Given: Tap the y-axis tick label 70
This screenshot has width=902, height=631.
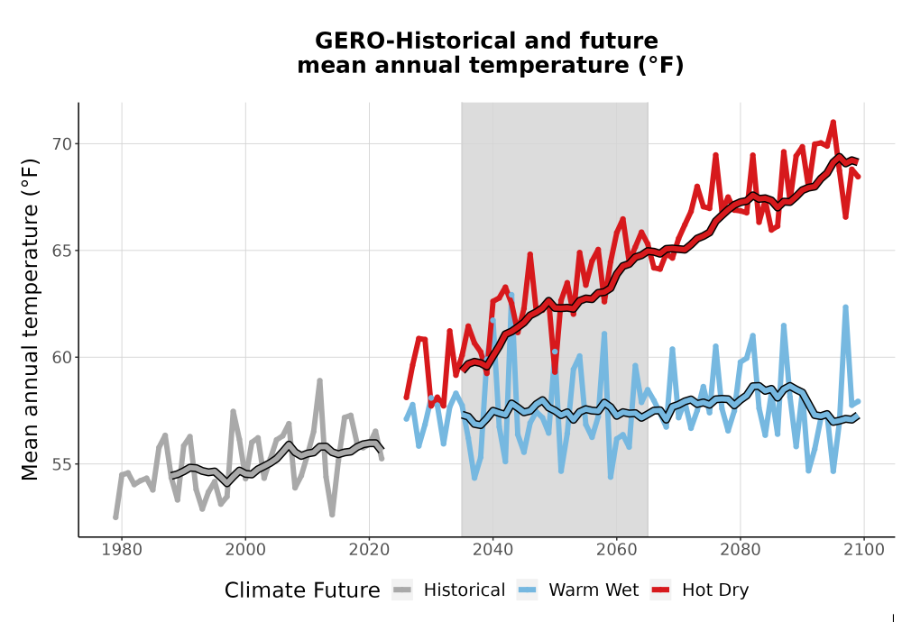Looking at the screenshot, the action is coord(63,143).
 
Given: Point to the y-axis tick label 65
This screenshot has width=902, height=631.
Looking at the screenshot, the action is coord(63,251).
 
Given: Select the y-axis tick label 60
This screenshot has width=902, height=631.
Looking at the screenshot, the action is coord(63,358).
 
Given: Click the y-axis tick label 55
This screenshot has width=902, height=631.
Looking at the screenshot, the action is coord(63,464).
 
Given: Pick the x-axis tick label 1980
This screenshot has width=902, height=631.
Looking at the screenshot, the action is coord(122,550).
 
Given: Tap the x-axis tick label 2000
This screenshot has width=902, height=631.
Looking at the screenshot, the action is coord(245,550).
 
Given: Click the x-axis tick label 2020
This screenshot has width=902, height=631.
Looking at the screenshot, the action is coord(369,550).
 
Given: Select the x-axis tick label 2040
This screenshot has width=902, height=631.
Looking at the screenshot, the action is coord(493,550).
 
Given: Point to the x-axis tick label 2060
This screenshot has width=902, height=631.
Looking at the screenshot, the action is coord(617,550).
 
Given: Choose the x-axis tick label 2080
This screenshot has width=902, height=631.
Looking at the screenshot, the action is coord(741,550).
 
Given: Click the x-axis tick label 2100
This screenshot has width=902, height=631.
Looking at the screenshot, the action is coord(864,550).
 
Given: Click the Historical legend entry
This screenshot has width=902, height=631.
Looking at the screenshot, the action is coord(448,590).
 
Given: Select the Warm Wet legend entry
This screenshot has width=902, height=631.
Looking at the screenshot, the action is coord(577,590).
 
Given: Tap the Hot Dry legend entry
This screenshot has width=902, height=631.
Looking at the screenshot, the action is coord(700,590).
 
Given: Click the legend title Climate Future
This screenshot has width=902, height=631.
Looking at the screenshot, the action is coord(302,590).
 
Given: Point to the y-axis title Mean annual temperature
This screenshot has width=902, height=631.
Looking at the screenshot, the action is coord(30,319).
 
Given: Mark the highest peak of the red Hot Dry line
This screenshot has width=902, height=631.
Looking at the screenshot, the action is coord(833,122).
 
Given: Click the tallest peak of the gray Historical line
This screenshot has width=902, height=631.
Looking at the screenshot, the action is coord(320,380).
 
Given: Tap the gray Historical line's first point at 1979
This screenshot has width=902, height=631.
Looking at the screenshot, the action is coord(115,517).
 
